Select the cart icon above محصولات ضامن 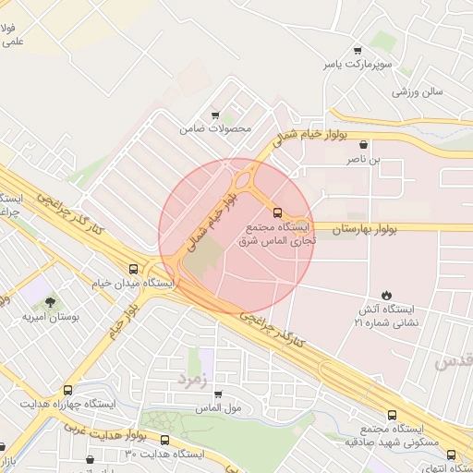215,115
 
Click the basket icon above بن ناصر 363,144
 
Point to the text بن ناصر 363,160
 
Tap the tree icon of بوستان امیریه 50,301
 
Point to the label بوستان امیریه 52,316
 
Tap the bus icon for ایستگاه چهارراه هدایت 67,392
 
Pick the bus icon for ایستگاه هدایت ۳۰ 165,440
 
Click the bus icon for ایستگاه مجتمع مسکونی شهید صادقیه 392,415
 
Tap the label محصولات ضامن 215,129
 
